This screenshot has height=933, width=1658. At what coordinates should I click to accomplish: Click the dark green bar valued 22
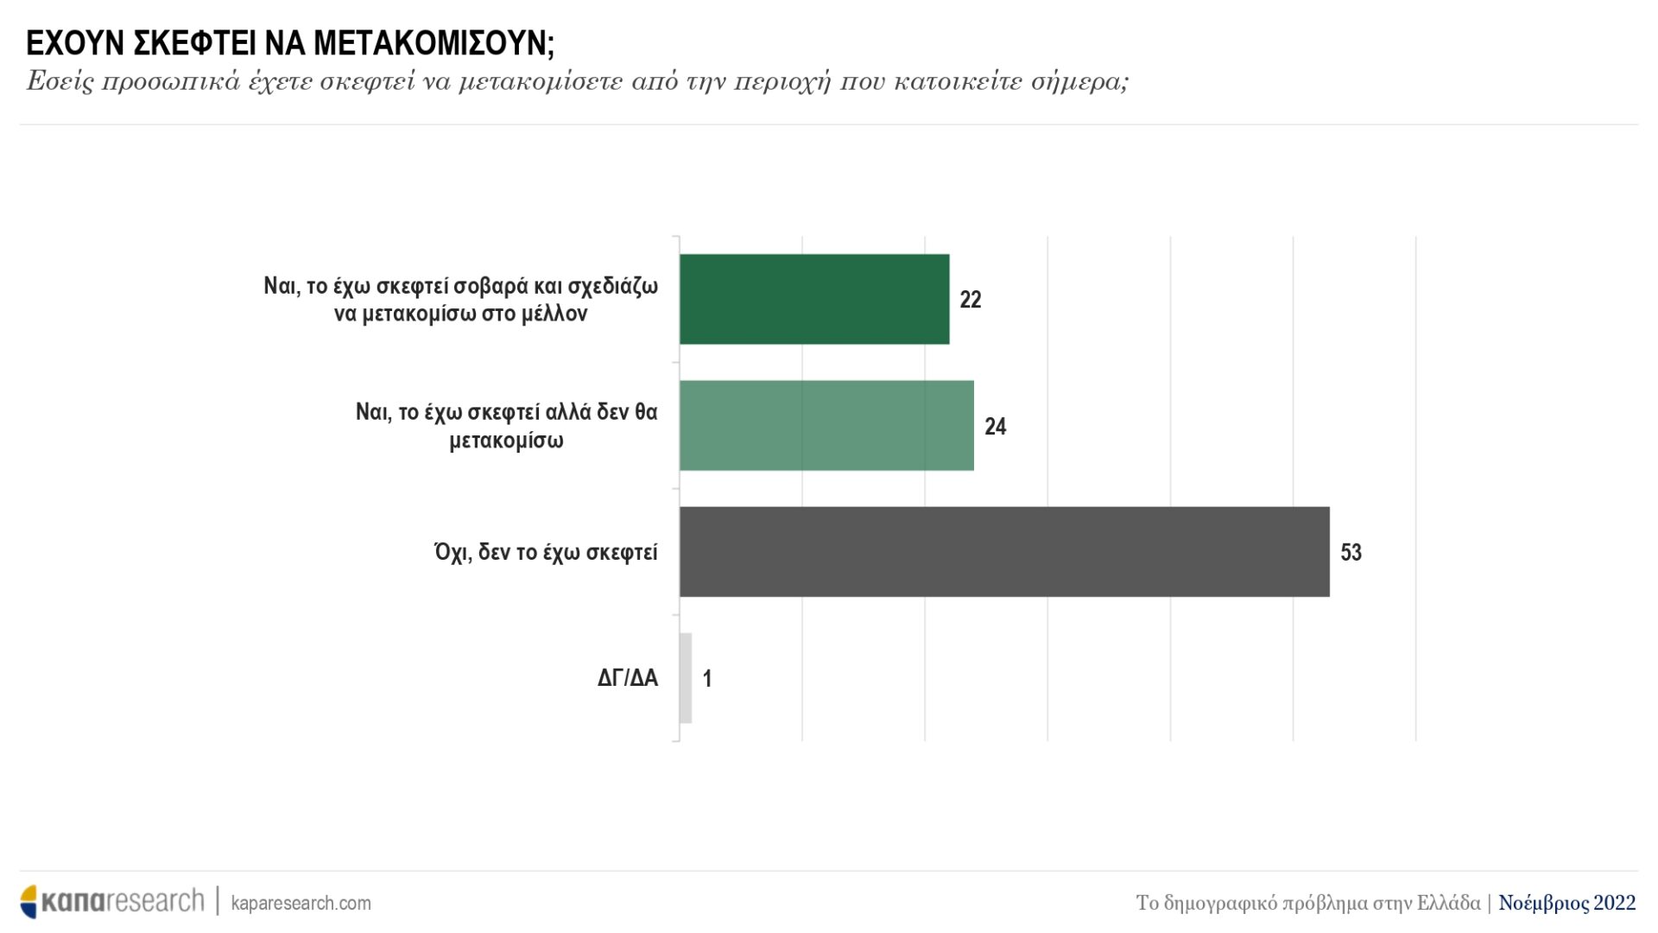coord(813,299)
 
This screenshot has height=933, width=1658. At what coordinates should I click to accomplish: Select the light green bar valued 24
coord(826,425)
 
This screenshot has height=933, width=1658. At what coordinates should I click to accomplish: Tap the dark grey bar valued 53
coord(1003,551)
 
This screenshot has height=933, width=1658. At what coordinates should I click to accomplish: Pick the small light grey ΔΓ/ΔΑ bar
coord(686,678)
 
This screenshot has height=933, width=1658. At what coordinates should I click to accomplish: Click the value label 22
coord(971,300)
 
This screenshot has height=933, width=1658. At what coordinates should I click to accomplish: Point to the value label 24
coord(995,426)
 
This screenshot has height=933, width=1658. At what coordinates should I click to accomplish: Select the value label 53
coord(1351,552)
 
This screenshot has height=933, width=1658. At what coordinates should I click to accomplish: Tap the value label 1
coord(707,679)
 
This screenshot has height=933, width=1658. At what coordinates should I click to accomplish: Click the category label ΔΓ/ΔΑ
coord(628,678)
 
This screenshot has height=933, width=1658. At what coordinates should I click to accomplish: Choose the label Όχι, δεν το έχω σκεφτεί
coord(546,552)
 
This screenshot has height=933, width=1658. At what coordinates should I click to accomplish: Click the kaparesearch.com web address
coord(301,903)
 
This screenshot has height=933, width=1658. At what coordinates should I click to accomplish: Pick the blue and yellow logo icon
coord(30,901)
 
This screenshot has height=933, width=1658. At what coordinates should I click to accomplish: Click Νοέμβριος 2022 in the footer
coord(1566,903)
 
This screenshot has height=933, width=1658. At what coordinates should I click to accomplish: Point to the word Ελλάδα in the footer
coord(1448,903)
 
